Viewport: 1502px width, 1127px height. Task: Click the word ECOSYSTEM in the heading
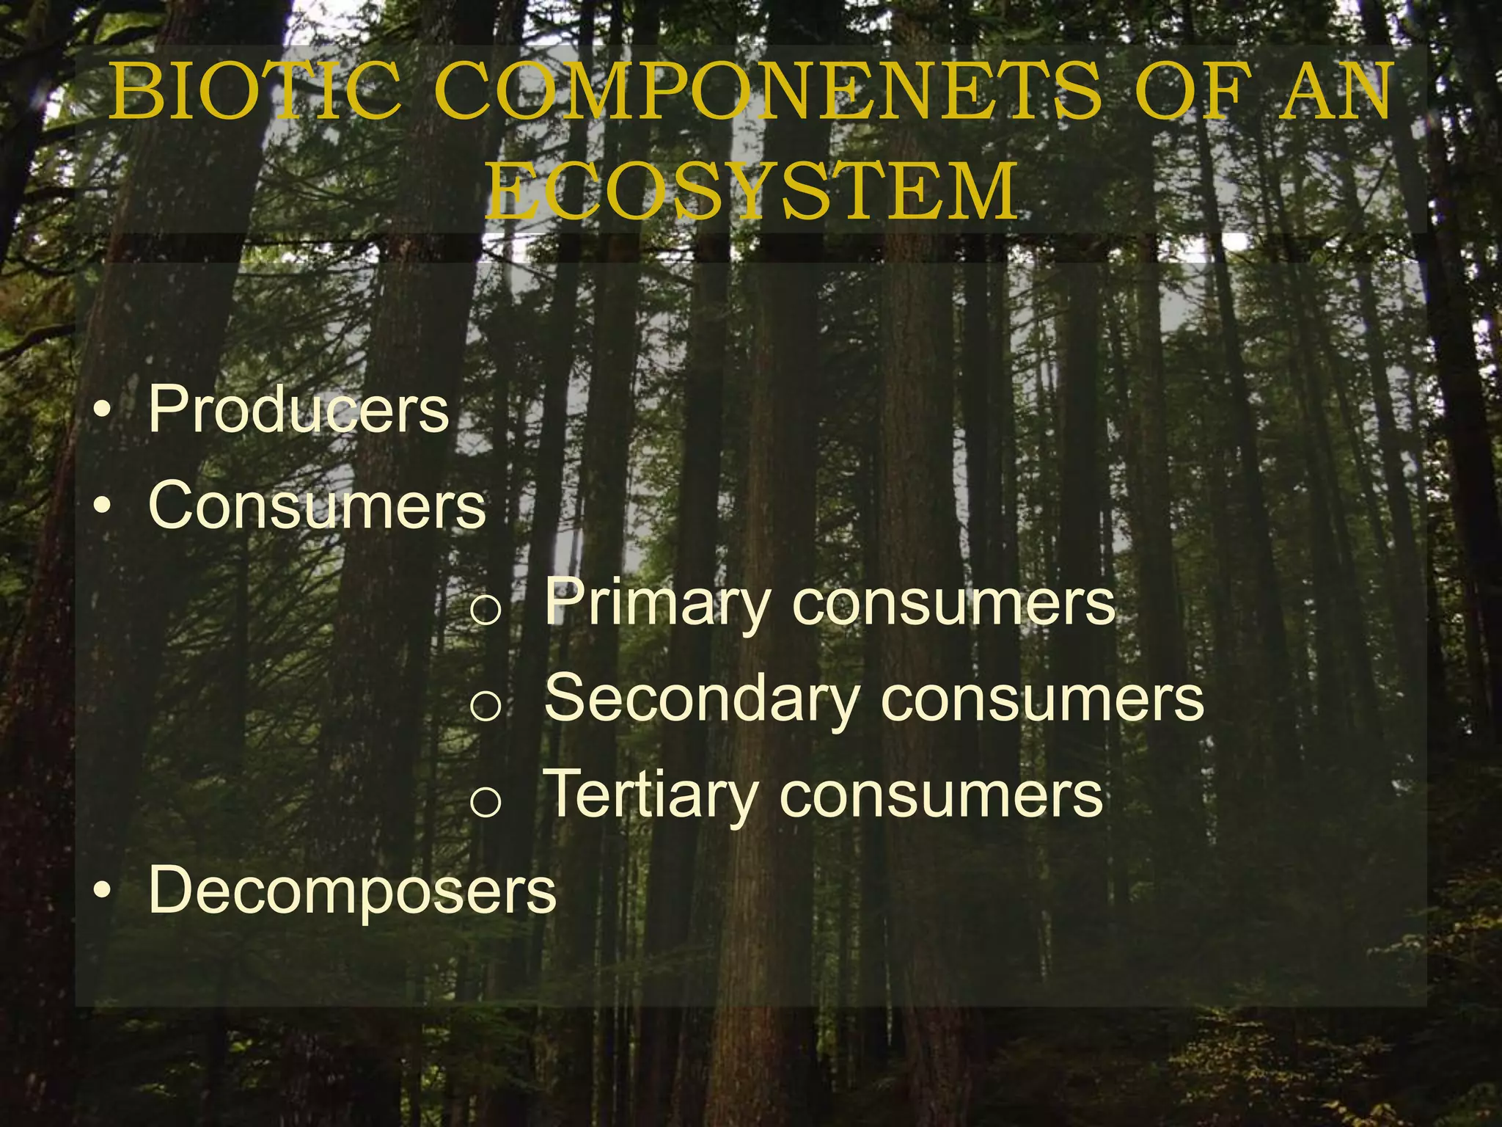pos(751,192)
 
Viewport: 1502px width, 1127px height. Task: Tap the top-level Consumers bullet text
pos(317,506)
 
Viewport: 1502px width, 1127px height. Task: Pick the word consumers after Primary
pos(954,604)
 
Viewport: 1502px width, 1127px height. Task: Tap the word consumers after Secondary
pos(1042,699)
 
